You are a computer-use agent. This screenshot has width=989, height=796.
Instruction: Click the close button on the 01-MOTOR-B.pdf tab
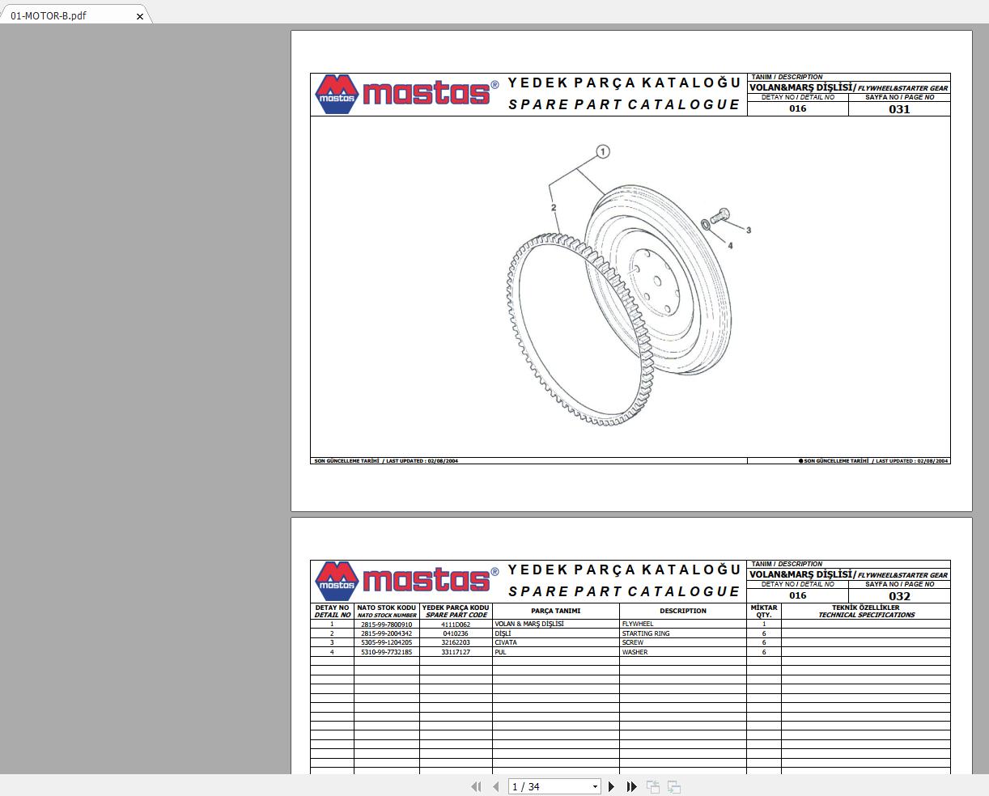140,16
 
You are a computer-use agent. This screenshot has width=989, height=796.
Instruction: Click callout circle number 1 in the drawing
602,151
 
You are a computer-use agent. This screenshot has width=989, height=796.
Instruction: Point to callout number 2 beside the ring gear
554,208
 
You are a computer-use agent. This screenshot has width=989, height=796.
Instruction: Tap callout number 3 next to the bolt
749,231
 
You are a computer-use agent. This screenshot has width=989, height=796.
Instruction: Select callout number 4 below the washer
730,246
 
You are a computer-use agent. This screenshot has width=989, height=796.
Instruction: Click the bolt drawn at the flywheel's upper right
722,214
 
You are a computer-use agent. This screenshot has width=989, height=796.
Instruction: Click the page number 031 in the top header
899,109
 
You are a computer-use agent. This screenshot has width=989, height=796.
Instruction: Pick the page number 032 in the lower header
899,596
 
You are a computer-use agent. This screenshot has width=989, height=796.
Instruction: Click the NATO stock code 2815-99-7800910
386,625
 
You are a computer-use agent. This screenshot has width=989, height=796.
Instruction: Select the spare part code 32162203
456,643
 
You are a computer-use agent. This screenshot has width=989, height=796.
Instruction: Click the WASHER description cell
635,652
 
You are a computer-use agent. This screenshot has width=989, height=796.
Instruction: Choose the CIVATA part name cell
506,643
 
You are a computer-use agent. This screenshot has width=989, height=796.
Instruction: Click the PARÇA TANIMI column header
555,611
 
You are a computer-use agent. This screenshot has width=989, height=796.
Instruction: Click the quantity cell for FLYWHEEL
763,625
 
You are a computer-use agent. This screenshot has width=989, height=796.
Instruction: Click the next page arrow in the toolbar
611,786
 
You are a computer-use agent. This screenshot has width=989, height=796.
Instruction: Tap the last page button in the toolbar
631,786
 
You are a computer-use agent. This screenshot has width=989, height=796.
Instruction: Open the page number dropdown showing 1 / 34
595,786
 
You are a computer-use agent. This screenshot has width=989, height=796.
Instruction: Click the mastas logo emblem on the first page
336,95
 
